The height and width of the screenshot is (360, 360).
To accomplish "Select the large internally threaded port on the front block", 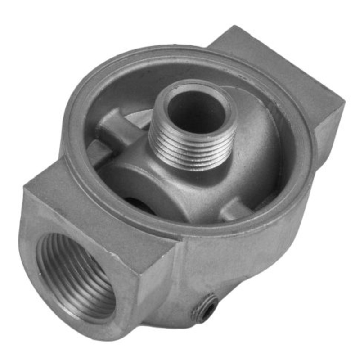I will point(76,274).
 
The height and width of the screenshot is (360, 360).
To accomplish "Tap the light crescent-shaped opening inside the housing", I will point(135,118).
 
